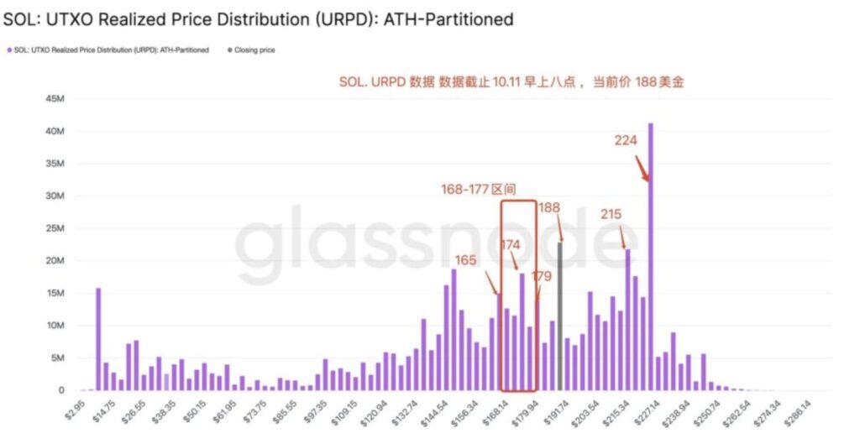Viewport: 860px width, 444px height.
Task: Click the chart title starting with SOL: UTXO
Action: tap(258, 18)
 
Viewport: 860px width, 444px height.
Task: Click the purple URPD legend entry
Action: tap(108, 50)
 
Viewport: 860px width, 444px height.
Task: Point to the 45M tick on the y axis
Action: tap(53, 99)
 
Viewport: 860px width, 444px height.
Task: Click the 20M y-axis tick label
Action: tap(53, 261)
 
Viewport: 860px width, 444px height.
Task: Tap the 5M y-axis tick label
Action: tap(55, 358)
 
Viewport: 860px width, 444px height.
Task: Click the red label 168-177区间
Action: tap(479, 190)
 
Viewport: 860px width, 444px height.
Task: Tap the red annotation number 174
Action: tap(511, 244)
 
